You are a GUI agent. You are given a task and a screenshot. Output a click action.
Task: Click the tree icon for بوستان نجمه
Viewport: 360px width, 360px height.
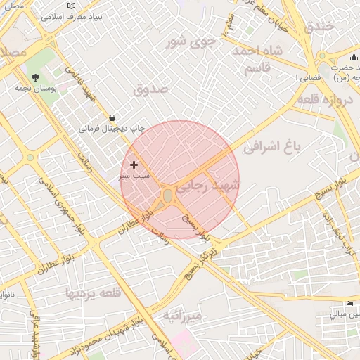point(36,77)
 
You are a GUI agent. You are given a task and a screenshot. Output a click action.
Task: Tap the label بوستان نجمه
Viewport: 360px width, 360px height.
point(36,89)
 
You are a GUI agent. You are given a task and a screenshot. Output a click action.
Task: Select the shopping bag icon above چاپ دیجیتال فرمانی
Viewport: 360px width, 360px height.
point(112,117)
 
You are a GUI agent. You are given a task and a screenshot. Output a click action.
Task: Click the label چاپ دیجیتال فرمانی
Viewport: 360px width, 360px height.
point(111,129)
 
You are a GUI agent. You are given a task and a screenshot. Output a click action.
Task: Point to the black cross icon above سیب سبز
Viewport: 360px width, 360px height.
point(134,165)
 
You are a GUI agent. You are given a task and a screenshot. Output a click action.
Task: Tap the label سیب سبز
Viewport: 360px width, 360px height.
point(134,176)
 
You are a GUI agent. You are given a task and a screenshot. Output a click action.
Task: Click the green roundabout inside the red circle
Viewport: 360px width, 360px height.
point(168,195)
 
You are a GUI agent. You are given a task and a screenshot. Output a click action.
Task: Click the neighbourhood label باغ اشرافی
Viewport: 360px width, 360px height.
point(272,147)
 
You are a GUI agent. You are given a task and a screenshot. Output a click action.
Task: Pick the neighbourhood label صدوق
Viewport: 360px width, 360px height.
point(150,89)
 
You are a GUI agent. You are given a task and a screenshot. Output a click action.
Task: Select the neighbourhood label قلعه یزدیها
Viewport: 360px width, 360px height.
point(94,292)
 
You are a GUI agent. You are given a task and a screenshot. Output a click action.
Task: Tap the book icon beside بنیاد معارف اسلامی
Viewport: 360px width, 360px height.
point(70,6)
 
